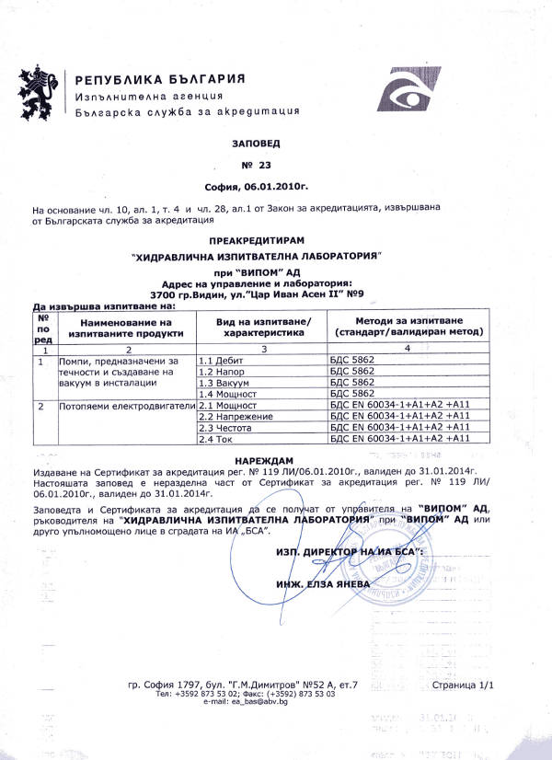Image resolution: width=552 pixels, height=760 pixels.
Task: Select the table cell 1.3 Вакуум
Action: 222,381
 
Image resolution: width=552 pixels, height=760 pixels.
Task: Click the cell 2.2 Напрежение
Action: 231,416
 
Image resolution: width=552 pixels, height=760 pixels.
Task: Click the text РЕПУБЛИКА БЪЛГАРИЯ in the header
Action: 160,78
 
